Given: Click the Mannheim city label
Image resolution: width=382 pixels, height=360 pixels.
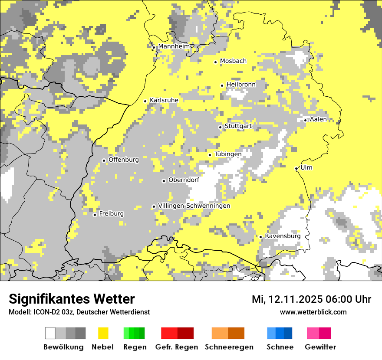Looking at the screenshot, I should tap(174, 46).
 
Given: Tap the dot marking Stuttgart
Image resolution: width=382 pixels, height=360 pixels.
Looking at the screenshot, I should tap(220, 127).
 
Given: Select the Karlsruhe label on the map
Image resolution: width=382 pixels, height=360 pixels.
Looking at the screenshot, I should tap(164, 100).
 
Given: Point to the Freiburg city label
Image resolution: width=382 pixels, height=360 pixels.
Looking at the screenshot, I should tap(111, 214).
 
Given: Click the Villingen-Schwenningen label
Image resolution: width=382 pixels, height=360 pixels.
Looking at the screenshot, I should tap(194, 206).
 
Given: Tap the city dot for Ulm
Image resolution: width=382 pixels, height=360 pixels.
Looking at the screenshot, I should tap(296, 168).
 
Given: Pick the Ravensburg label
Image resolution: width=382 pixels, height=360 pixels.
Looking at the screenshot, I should tap(283, 236).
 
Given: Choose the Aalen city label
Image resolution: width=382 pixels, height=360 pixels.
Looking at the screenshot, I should tap(318, 119).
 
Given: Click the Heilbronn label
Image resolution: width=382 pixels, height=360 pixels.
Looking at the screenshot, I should tap(241, 84).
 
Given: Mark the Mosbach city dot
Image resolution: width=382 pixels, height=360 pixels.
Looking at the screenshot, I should tap(215, 62).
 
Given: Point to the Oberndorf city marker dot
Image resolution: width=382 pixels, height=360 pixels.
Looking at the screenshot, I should tap(164, 181).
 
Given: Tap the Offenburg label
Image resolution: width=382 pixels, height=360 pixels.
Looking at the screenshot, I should tap(124, 160).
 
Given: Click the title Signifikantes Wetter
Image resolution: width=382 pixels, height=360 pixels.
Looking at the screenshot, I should tap(72, 299).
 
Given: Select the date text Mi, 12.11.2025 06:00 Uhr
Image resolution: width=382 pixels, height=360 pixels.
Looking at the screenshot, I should tap(311, 299).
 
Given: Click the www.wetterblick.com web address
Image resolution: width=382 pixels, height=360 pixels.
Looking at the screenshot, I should tap(313, 312).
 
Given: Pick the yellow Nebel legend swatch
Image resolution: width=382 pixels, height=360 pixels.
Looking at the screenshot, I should tap(103, 333).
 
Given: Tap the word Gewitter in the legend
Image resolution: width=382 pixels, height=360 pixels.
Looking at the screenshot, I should tap(320, 347).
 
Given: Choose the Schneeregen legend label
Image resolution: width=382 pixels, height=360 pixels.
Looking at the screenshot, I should tap(229, 347).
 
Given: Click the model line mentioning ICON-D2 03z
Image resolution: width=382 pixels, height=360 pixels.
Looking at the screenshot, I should tap(79, 312).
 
